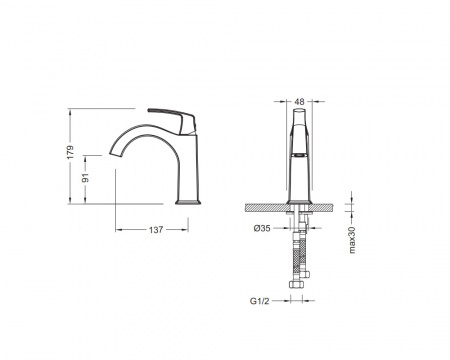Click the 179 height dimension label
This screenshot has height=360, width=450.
(x=70, y=152)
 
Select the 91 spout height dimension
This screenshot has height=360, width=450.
(x=86, y=178)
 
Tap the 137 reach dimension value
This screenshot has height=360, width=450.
(x=156, y=230)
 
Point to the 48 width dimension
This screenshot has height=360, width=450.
(x=300, y=101)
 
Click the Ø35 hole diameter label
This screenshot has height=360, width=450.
(x=262, y=228)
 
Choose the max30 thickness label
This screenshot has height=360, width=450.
(x=352, y=240)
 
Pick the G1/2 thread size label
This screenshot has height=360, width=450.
(x=259, y=301)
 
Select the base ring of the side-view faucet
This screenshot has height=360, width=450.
(x=188, y=202)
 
